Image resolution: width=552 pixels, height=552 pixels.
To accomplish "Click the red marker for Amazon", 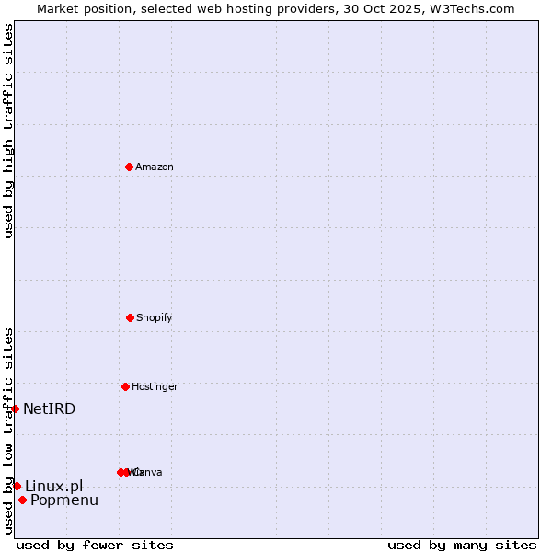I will click(x=129, y=167).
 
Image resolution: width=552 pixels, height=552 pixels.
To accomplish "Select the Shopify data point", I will click(x=130, y=317).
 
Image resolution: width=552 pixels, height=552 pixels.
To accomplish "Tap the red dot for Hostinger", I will click(x=125, y=386).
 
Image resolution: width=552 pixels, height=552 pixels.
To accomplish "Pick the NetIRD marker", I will click(x=15, y=408).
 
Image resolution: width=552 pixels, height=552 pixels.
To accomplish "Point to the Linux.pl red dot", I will click(x=17, y=486).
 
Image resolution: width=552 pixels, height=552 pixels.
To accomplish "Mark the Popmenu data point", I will click(x=22, y=500).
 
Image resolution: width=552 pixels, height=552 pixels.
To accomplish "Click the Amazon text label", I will click(x=154, y=167).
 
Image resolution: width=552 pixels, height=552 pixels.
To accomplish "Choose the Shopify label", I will click(x=154, y=317).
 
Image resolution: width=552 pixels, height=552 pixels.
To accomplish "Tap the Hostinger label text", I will click(x=154, y=386).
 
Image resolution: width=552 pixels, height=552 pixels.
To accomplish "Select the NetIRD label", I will click(x=49, y=408).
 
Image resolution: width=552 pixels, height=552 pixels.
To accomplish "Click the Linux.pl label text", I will click(x=53, y=486).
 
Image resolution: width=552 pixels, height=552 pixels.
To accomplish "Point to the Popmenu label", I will click(x=63, y=500).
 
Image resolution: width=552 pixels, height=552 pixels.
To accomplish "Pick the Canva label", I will click(x=148, y=472).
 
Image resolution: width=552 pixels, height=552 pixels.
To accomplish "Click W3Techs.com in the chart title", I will click(x=469, y=8).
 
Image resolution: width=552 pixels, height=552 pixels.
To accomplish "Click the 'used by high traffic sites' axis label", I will click(x=8, y=131).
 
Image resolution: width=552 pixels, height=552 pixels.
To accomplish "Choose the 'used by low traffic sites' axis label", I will click(x=8, y=431).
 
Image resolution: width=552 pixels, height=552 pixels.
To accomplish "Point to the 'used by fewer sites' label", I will click(x=95, y=545).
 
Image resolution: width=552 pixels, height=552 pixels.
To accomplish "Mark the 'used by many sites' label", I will click(x=462, y=545).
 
